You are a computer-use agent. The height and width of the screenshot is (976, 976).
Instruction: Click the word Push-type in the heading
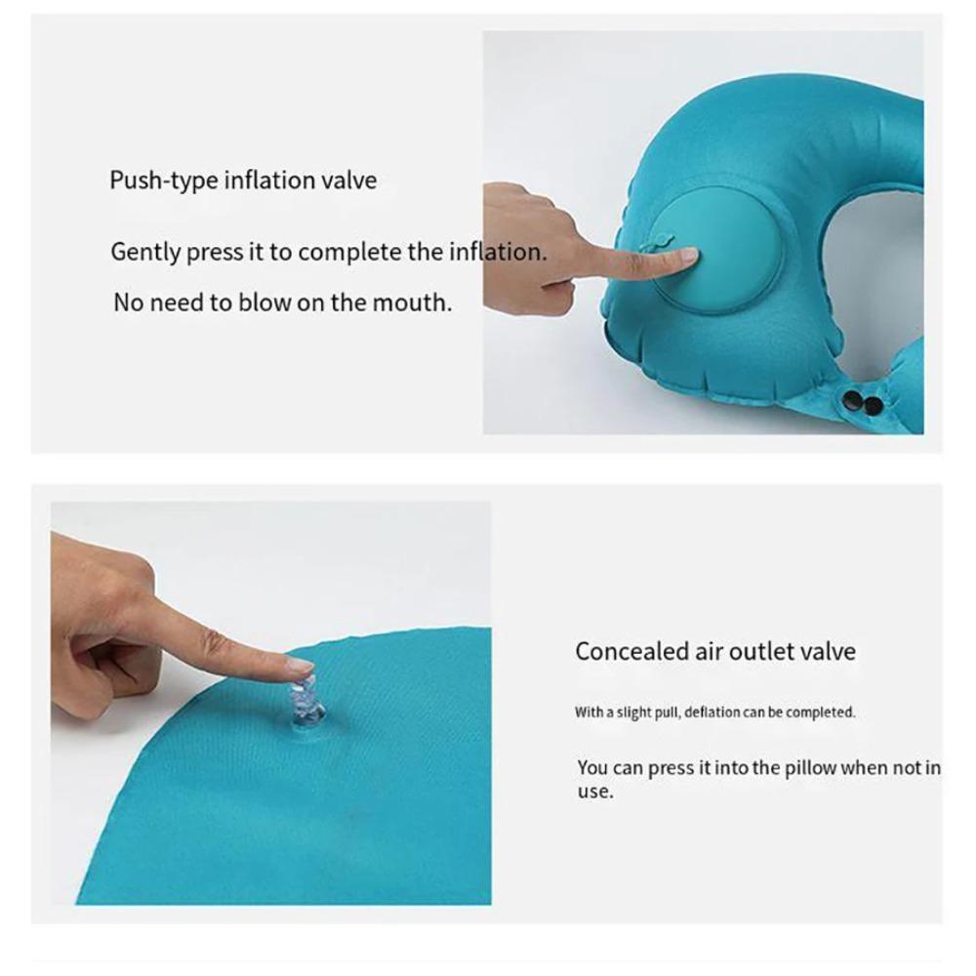pyautogui.click(x=163, y=182)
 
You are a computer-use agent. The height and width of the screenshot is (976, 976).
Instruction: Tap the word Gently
pyautogui.click(x=145, y=253)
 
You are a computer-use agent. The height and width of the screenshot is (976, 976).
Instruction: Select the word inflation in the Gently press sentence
pyautogui.click(x=496, y=252)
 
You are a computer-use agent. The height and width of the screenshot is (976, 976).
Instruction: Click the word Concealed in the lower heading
pyautogui.click(x=631, y=651)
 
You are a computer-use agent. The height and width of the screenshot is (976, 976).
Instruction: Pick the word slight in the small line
pyautogui.click(x=633, y=712)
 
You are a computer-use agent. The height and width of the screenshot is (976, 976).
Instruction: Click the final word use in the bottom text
pyautogui.click(x=594, y=793)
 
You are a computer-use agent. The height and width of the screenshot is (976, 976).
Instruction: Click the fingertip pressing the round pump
pyautogui.click(x=686, y=257)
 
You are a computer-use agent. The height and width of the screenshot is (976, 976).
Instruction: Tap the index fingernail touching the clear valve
pyautogui.click(x=300, y=667)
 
